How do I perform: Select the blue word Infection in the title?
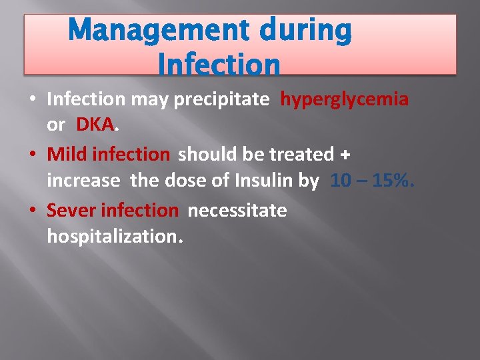tap(219, 64)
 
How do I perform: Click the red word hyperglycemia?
tap(344, 99)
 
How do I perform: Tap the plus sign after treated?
tap(344, 155)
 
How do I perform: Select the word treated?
tap(301, 154)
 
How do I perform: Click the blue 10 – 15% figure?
tap(372, 180)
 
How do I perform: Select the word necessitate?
tap(237, 211)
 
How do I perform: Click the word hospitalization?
tap(114, 235)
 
